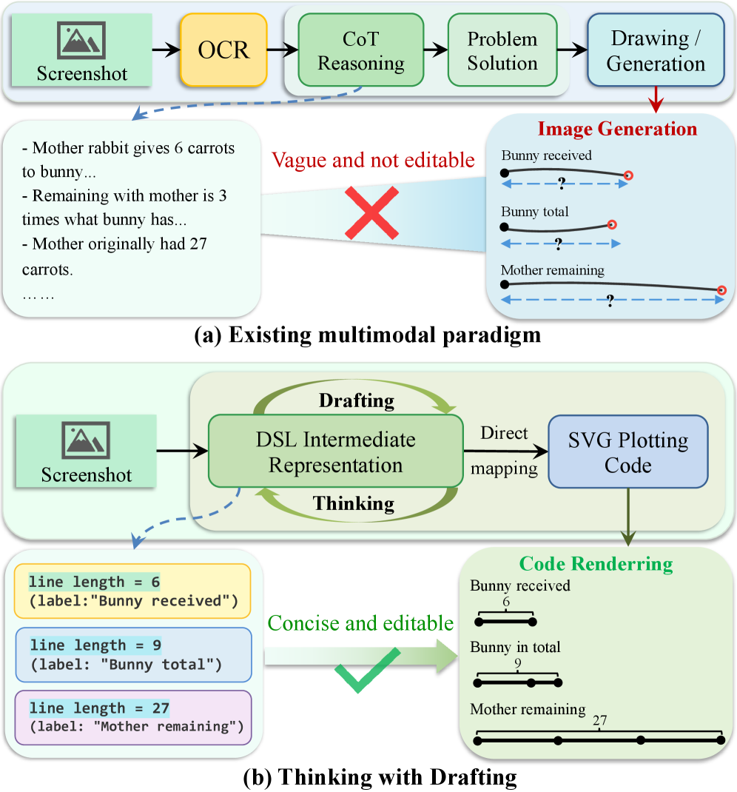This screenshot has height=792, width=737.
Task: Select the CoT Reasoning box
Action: [361, 51]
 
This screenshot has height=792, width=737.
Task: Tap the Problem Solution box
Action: [502, 51]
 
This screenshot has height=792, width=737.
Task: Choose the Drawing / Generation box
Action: [656, 51]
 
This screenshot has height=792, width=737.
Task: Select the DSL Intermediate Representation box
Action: [335, 452]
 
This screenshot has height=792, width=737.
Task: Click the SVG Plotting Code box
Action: [628, 452]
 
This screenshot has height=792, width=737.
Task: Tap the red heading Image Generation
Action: [617, 129]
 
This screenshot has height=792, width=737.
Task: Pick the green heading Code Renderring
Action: [596, 564]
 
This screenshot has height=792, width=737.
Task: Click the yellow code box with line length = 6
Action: [133, 591]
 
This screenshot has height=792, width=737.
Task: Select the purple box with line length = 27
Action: [133, 717]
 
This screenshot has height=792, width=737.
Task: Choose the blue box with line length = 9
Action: [133, 654]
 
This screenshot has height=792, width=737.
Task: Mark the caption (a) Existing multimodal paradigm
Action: [367, 335]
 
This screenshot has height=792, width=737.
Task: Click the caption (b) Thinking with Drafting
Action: [368, 778]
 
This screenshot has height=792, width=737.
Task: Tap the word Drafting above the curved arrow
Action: [357, 400]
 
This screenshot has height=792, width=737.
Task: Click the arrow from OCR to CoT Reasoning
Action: [281, 51]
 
